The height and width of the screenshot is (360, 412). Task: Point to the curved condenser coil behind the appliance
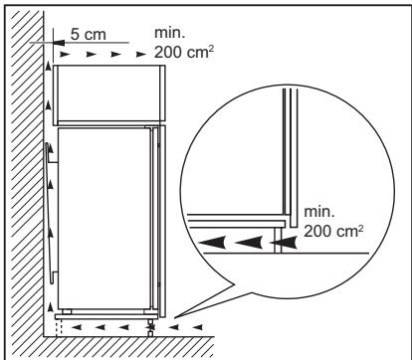[x=47, y=210]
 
